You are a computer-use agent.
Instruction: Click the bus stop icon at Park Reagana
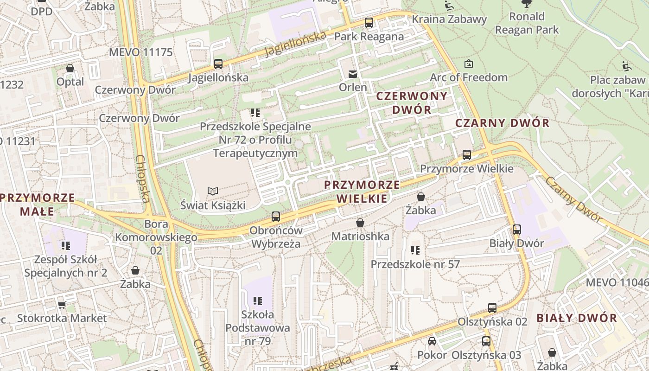coord(369,22)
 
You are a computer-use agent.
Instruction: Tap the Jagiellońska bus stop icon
coord(218,64)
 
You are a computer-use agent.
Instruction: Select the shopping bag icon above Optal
coord(70,68)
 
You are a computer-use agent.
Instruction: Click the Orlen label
coord(353,87)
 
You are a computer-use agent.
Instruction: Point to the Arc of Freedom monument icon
coord(469,64)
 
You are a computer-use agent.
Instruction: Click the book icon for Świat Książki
coord(212,191)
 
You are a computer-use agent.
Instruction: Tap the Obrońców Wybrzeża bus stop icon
coord(275,216)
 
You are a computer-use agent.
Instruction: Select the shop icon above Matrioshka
coord(360,223)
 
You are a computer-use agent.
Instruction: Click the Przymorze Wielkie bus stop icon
coord(466,154)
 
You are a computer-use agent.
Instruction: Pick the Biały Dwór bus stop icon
coord(516,229)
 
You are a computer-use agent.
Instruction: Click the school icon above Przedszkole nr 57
coord(415,250)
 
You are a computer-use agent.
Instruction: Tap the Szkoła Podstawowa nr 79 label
coord(258,327)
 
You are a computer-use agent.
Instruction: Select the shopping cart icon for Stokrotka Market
coord(62,305)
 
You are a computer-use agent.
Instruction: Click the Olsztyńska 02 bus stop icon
coord(492,307)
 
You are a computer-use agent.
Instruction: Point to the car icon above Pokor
coord(432,341)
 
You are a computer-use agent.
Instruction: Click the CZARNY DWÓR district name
coord(502,123)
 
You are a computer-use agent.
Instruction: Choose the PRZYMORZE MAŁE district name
coord(37,205)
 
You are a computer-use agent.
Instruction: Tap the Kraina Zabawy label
coord(449,19)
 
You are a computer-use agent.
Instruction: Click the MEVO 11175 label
coord(140,52)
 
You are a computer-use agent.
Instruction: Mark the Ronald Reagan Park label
coord(527,23)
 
